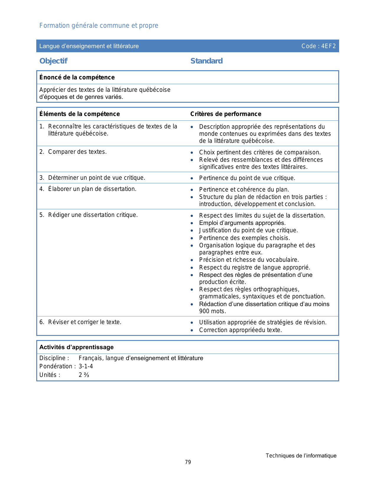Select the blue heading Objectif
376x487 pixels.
click(53, 61)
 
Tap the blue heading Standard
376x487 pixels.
click(206, 61)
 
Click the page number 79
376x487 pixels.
click(188, 462)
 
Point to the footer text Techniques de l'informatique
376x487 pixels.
click(301, 456)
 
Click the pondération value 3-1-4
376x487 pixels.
click(86, 366)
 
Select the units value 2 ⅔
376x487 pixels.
click(84, 375)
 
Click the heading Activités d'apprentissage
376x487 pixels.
click(76, 347)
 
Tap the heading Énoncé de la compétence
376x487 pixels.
click(77, 77)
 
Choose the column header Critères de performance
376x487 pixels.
click(226, 114)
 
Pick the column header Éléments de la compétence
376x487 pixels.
click(80, 114)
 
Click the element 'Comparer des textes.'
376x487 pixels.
click(77, 152)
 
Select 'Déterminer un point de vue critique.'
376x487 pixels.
click(96, 178)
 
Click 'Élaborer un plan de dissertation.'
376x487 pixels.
click(92, 189)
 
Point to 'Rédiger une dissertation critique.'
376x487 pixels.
click(93, 215)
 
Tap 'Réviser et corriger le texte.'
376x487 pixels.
click(85, 322)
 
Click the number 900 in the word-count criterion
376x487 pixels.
click(204, 311)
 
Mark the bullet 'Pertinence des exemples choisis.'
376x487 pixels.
click(244, 238)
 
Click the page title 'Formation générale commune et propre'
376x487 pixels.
click(99, 26)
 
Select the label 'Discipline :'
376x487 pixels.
click(54, 358)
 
